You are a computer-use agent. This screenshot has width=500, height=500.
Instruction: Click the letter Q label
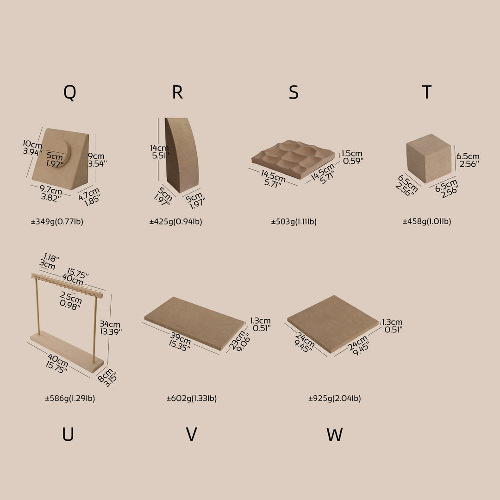click(70, 93)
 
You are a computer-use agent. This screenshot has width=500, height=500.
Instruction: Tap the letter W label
click(335, 434)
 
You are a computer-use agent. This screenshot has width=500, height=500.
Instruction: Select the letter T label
click(426, 92)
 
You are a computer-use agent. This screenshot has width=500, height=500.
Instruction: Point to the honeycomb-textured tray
click(293, 158)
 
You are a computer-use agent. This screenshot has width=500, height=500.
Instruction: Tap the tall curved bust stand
click(181, 155)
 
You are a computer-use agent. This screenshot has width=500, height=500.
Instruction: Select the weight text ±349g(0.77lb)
click(57, 222)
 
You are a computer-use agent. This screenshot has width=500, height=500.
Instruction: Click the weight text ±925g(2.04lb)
click(335, 398)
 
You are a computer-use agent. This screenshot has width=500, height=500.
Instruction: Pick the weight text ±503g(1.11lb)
click(294, 222)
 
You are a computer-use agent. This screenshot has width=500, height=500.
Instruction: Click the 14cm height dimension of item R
click(160, 148)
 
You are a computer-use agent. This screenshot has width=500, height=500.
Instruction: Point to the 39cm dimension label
click(181, 337)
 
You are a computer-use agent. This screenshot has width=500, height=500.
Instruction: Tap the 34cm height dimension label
click(110, 324)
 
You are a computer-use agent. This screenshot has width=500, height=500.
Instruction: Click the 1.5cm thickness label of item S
click(352, 153)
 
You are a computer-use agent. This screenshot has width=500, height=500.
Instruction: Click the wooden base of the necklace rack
click(67, 351)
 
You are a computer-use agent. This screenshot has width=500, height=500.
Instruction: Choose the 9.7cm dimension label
click(51, 190)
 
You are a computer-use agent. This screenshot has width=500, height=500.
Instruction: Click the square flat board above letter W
click(332, 324)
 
